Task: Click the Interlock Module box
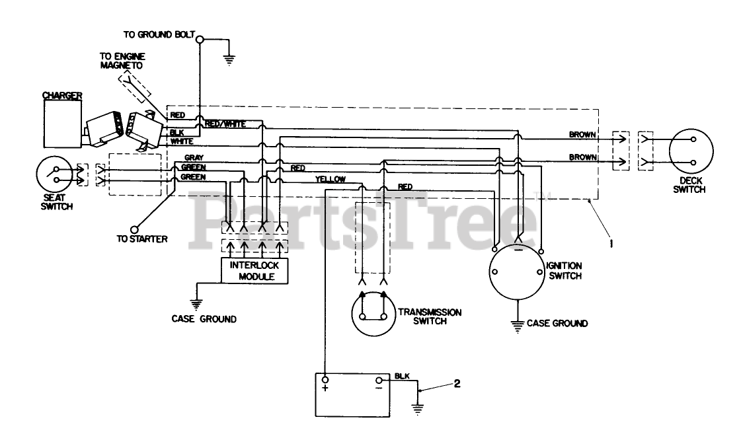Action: pyautogui.click(x=254, y=271)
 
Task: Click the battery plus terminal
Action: pyautogui.click(x=325, y=381)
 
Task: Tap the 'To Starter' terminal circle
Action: pyautogui.click(x=137, y=226)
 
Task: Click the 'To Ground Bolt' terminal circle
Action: pyautogui.click(x=200, y=38)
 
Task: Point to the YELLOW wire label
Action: pyautogui.click(x=331, y=179)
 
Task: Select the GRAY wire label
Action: pyautogui.click(x=194, y=158)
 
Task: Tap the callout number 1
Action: pyautogui.click(x=611, y=243)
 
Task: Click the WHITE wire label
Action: pyautogui.click(x=181, y=141)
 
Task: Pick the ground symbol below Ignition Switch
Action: pyautogui.click(x=518, y=324)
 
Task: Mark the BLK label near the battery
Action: pyautogui.click(x=402, y=376)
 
